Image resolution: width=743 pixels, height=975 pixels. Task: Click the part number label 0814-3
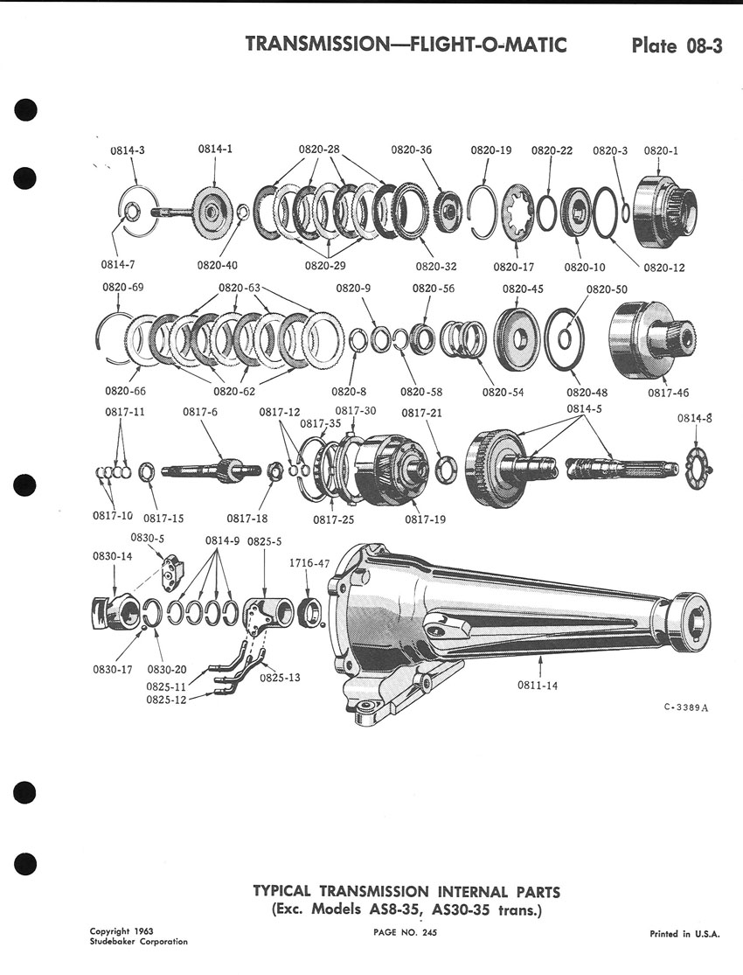coord(128,150)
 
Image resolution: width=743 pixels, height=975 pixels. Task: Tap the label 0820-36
coord(411,150)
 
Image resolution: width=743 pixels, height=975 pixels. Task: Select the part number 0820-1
coord(661,150)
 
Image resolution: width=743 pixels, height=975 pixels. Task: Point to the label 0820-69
coord(122,288)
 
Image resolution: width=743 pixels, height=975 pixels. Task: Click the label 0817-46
coord(668,393)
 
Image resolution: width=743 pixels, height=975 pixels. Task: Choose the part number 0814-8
coord(695,419)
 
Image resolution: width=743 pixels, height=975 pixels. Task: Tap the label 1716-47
coord(309,563)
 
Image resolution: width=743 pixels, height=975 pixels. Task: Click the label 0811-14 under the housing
coord(538,686)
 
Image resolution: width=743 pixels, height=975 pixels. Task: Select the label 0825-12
coord(167,700)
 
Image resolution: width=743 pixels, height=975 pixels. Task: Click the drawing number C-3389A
coord(686,707)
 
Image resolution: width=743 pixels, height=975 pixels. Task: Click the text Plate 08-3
coord(677,46)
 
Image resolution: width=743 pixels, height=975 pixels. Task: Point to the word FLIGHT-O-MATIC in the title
coord(489,45)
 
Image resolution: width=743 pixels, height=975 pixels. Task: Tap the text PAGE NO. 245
coord(406,933)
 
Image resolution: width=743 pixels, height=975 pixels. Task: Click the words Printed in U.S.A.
coord(684,934)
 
